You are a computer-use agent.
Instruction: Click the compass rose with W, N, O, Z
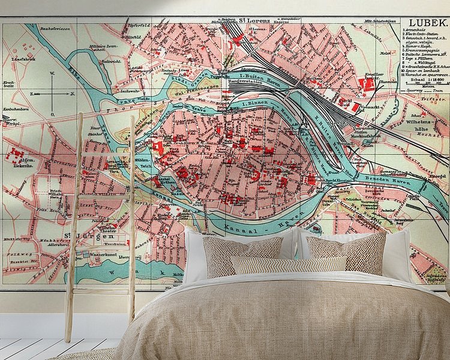click(x=52, y=94)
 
